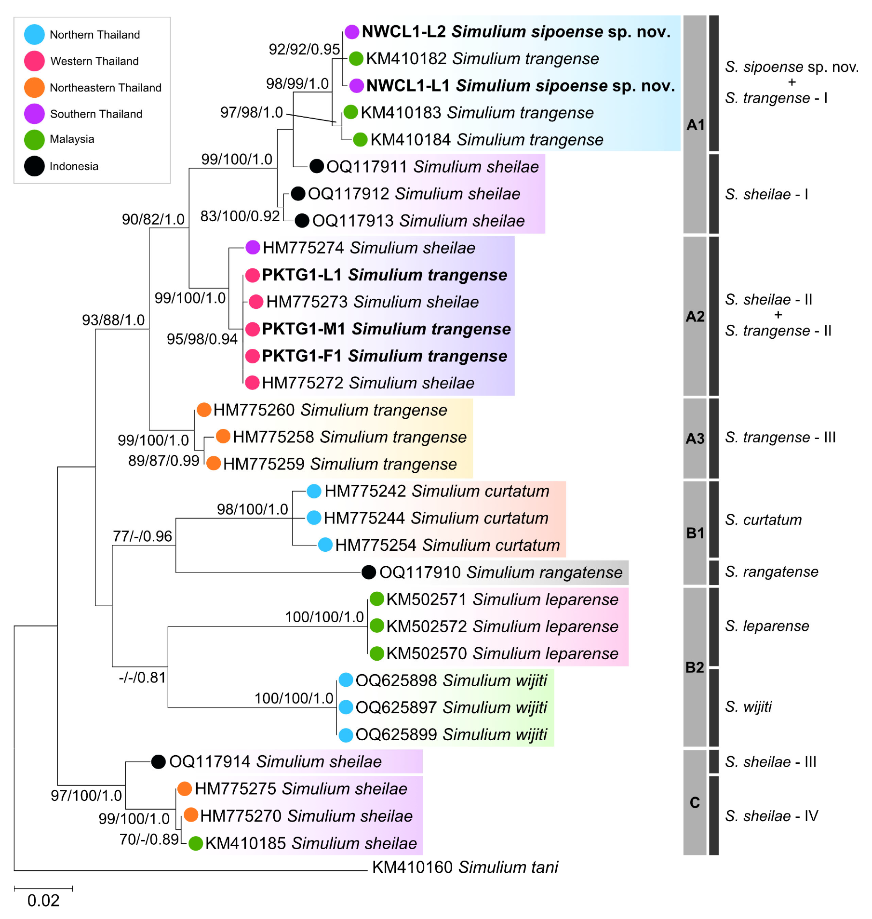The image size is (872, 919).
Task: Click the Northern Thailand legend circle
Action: (x=34, y=35)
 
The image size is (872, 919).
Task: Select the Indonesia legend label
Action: (x=74, y=166)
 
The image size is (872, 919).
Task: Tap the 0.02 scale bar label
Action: (x=43, y=900)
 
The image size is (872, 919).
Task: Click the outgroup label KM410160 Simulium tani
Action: (x=465, y=867)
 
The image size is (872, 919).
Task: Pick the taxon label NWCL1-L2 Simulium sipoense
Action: (x=516, y=32)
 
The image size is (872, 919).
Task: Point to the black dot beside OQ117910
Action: (x=369, y=572)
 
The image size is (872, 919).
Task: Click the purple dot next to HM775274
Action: (x=253, y=248)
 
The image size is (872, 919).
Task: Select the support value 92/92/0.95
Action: (x=304, y=49)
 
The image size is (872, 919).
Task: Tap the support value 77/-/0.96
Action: (x=142, y=536)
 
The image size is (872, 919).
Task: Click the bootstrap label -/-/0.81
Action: (x=142, y=678)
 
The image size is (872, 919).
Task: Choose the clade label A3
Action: (x=695, y=439)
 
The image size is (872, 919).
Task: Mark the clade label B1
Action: (x=695, y=533)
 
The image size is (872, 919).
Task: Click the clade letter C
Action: (x=695, y=802)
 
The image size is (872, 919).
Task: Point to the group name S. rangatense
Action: (x=771, y=572)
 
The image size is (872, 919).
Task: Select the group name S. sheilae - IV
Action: (x=771, y=816)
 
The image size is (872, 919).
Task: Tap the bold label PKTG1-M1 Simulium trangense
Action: (x=386, y=329)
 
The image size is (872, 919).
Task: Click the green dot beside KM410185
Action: (x=195, y=843)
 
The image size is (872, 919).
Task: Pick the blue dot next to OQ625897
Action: (x=346, y=707)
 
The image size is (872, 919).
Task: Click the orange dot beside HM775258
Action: (x=223, y=436)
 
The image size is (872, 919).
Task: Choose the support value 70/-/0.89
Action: (x=149, y=839)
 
